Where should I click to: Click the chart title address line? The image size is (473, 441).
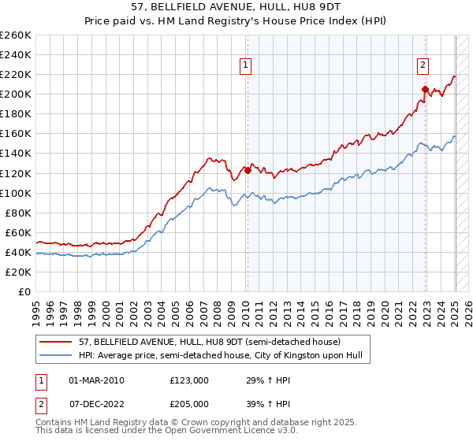(236, 7)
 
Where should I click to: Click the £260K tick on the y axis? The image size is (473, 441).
(16, 35)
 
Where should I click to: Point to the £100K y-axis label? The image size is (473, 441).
(16, 193)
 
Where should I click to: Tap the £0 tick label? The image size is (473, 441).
(24, 291)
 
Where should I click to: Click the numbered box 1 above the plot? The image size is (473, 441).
(247, 65)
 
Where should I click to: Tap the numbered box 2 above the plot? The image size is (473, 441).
(423, 65)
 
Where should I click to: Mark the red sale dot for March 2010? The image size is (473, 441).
(248, 169)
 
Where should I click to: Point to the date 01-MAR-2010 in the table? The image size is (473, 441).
(96, 380)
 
